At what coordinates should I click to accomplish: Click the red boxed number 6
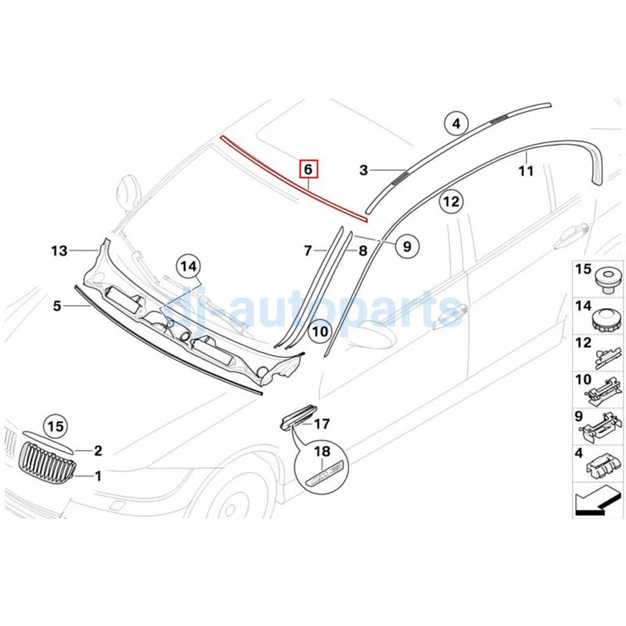coord(308,170)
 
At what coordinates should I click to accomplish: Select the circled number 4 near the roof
coord(456,123)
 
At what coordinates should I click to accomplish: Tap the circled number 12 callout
coord(451,201)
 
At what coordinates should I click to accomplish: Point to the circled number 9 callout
coord(407,246)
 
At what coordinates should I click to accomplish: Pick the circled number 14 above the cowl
coord(188,267)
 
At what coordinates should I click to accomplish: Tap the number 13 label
coord(59,250)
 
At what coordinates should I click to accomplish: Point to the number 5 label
coord(57,305)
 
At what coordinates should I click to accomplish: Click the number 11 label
coord(526,171)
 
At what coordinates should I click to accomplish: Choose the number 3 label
coord(363,171)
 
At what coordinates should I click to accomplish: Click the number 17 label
coord(322,425)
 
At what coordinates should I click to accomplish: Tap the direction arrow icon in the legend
coord(597,503)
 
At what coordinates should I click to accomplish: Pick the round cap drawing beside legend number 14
coord(606,320)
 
